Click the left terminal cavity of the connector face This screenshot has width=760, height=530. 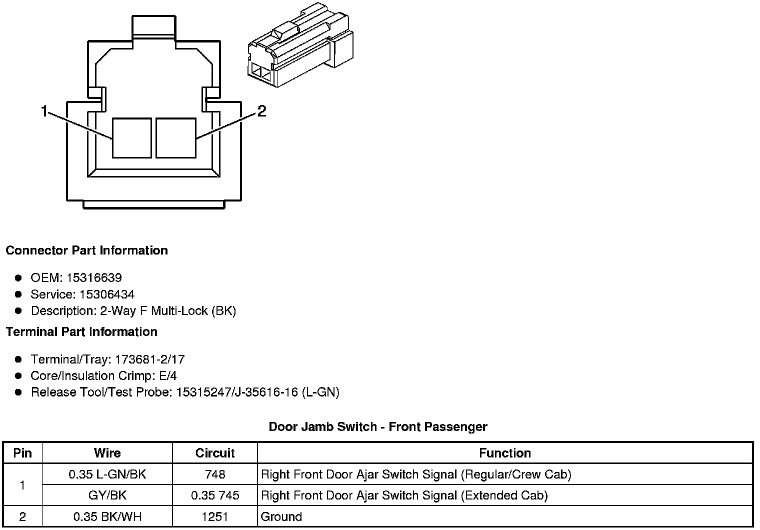click(x=131, y=138)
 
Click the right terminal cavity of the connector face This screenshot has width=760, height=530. click(x=176, y=138)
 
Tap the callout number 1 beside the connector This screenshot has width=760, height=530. click(x=44, y=111)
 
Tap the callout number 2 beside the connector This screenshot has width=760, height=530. click(x=261, y=111)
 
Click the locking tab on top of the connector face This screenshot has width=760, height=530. click(x=153, y=25)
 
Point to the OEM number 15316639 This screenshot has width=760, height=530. click(x=94, y=277)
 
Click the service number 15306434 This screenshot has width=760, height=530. click(x=107, y=294)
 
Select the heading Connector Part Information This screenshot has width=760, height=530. click(x=87, y=250)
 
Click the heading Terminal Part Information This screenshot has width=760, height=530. click(x=81, y=331)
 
